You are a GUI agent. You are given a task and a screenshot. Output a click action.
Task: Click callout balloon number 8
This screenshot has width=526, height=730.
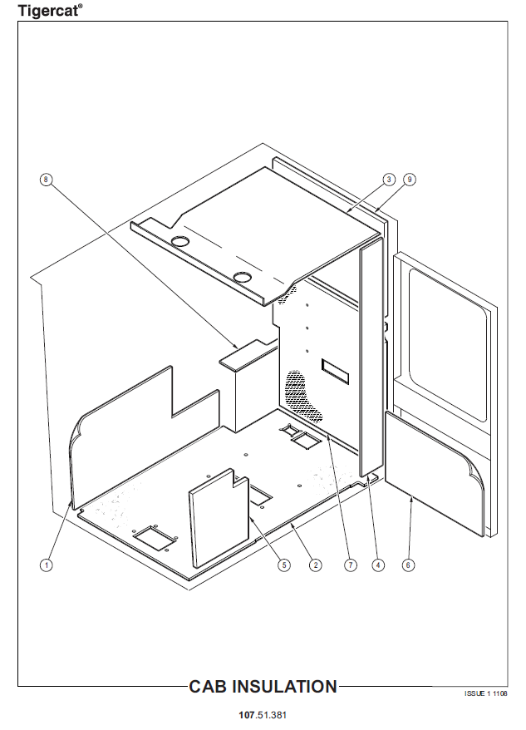(46, 180)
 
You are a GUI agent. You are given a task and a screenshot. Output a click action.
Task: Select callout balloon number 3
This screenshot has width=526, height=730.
(389, 180)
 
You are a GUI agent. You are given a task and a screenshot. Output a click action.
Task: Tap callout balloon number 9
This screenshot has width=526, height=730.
(410, 180)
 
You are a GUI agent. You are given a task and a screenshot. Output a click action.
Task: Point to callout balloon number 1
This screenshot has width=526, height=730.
(46, 565)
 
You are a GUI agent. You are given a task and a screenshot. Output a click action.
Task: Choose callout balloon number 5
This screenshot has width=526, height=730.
(284, 565)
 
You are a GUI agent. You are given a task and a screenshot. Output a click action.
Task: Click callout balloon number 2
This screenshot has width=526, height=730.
(316, 565)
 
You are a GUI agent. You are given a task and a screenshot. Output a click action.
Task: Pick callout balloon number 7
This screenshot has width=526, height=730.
(351, 565)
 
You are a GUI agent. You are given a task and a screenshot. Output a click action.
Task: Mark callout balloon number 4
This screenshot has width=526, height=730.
(378, 565)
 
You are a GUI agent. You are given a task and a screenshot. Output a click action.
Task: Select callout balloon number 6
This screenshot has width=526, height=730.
(408, 565)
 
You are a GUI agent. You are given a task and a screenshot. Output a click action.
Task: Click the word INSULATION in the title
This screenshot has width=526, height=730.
(284, 687)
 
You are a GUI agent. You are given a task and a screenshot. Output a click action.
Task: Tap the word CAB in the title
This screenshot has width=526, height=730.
(208, 687)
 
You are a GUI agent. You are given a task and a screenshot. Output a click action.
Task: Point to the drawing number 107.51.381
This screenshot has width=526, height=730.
(263, 715)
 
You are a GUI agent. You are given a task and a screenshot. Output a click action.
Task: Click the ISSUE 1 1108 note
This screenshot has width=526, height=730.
(485, 693)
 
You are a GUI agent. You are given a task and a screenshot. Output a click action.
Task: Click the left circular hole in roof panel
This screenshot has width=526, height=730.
(180, 240)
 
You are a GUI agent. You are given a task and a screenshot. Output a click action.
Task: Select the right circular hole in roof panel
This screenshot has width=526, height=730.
(243, 278)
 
